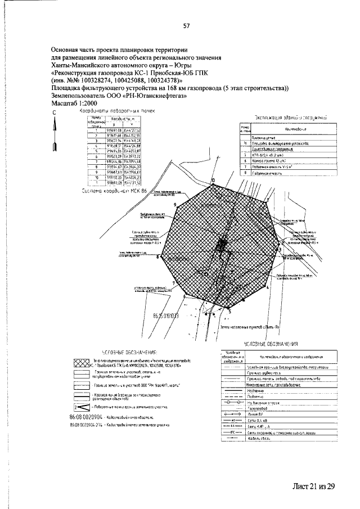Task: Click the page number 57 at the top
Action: [x=186, y=25]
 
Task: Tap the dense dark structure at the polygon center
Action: [x=222, y=244]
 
